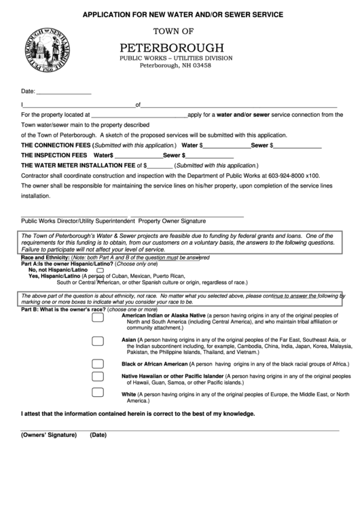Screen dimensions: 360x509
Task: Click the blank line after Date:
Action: click(63, 92)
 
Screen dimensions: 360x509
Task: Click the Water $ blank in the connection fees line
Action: click(226, 146)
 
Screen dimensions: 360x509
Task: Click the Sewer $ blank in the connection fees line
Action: click(298, 146)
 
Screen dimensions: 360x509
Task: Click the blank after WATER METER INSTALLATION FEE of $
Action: click(159, 166)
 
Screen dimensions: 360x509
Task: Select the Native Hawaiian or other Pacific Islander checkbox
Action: click(98, 376)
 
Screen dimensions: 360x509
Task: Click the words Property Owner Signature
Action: click(172, 222)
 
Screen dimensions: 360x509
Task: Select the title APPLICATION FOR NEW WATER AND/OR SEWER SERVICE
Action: click(183, 14)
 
